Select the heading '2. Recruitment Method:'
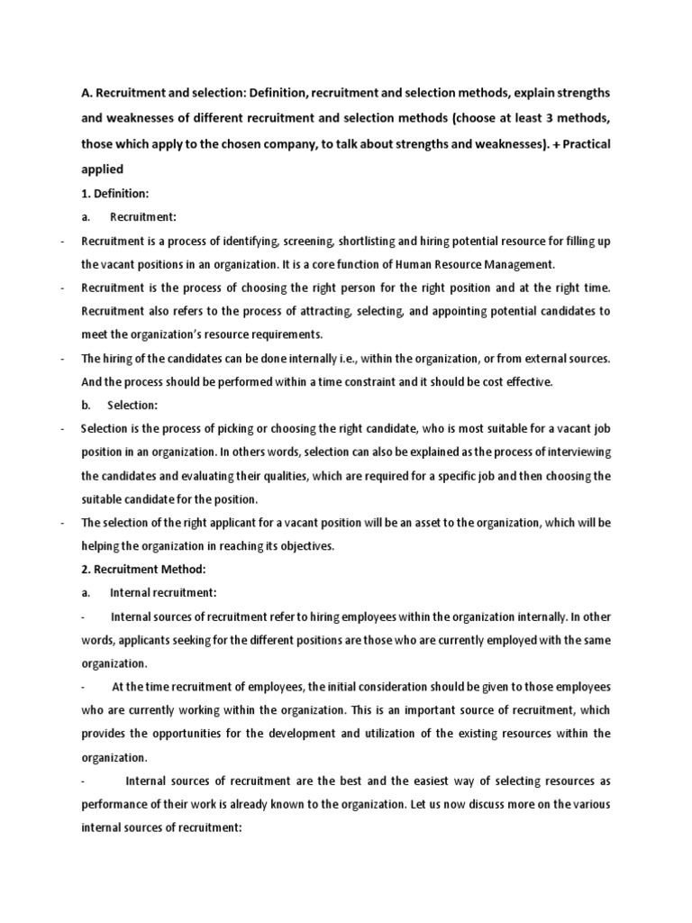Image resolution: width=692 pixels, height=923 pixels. coord(144,569)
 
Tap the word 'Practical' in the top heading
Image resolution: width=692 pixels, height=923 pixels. coord(585,143)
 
